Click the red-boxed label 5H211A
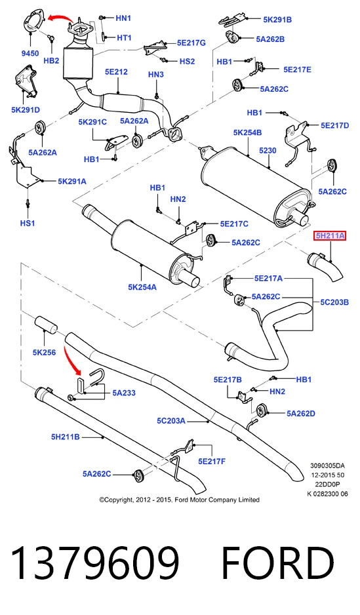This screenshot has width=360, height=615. (x=329, y=236)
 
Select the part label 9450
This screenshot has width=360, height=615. (x=30, y=52)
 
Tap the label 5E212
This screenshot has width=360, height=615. (x=116, y=71)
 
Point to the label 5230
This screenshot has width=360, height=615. (x=268, y=150)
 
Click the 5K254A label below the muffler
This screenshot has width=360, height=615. (x=142, y=287)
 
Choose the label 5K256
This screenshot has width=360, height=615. (x=44, y=352)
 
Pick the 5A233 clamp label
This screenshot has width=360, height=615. (x=124, y=393)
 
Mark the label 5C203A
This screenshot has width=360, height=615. (x=171, y=421)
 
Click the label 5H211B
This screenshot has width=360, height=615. (x=65, y=437)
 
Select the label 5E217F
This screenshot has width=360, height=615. (x=212, y=462)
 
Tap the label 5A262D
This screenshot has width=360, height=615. (x=301, y=413)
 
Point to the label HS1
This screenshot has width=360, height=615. (x=28, y=223)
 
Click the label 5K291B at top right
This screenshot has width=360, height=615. (x=277, y=19)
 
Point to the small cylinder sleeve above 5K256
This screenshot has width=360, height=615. (x=47, y=325)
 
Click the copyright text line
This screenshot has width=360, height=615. (x=179, y=500)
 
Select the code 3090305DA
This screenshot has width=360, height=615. (x=327, y=466)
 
